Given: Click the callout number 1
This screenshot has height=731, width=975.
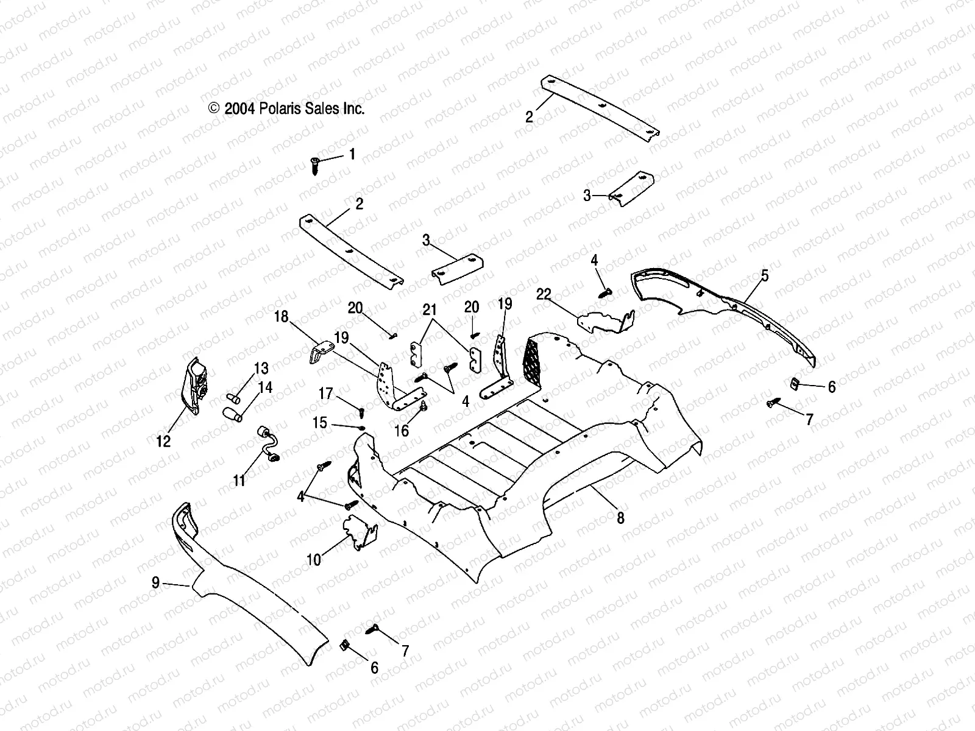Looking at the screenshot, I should [352, 155].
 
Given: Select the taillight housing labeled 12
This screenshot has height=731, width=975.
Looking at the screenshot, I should [195, 386].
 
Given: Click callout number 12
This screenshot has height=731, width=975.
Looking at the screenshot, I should [163, 440].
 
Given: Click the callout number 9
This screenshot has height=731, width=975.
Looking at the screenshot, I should [156, 583].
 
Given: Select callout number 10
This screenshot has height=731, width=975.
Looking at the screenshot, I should [314, 559].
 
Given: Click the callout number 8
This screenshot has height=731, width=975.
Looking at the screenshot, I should [620, 518].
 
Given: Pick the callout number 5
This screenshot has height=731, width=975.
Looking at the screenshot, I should [764, 276].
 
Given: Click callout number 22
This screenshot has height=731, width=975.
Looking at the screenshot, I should [544, 295].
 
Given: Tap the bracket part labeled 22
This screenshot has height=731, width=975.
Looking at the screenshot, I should [603, 321].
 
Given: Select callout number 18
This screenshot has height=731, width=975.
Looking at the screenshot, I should [281, 317].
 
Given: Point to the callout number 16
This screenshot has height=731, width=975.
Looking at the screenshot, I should [402, 431].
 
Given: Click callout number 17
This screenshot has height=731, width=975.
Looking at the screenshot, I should [327, 394].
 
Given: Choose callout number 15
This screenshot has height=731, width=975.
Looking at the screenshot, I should [320, 423].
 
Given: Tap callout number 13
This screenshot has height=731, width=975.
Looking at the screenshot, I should [261, 369].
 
